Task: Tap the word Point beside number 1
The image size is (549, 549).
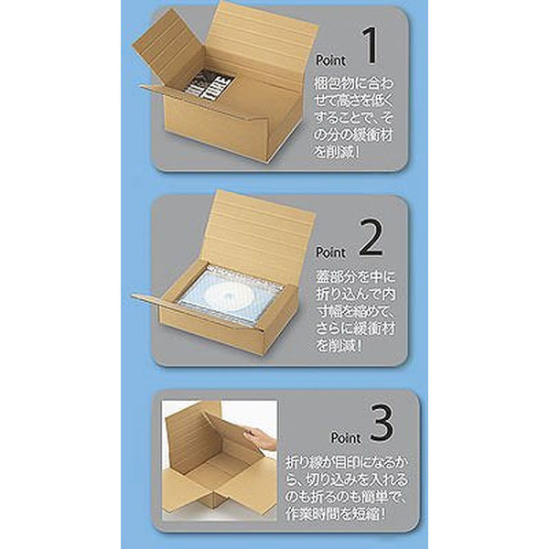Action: point(331,58)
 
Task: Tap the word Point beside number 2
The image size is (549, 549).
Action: point(331,251)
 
